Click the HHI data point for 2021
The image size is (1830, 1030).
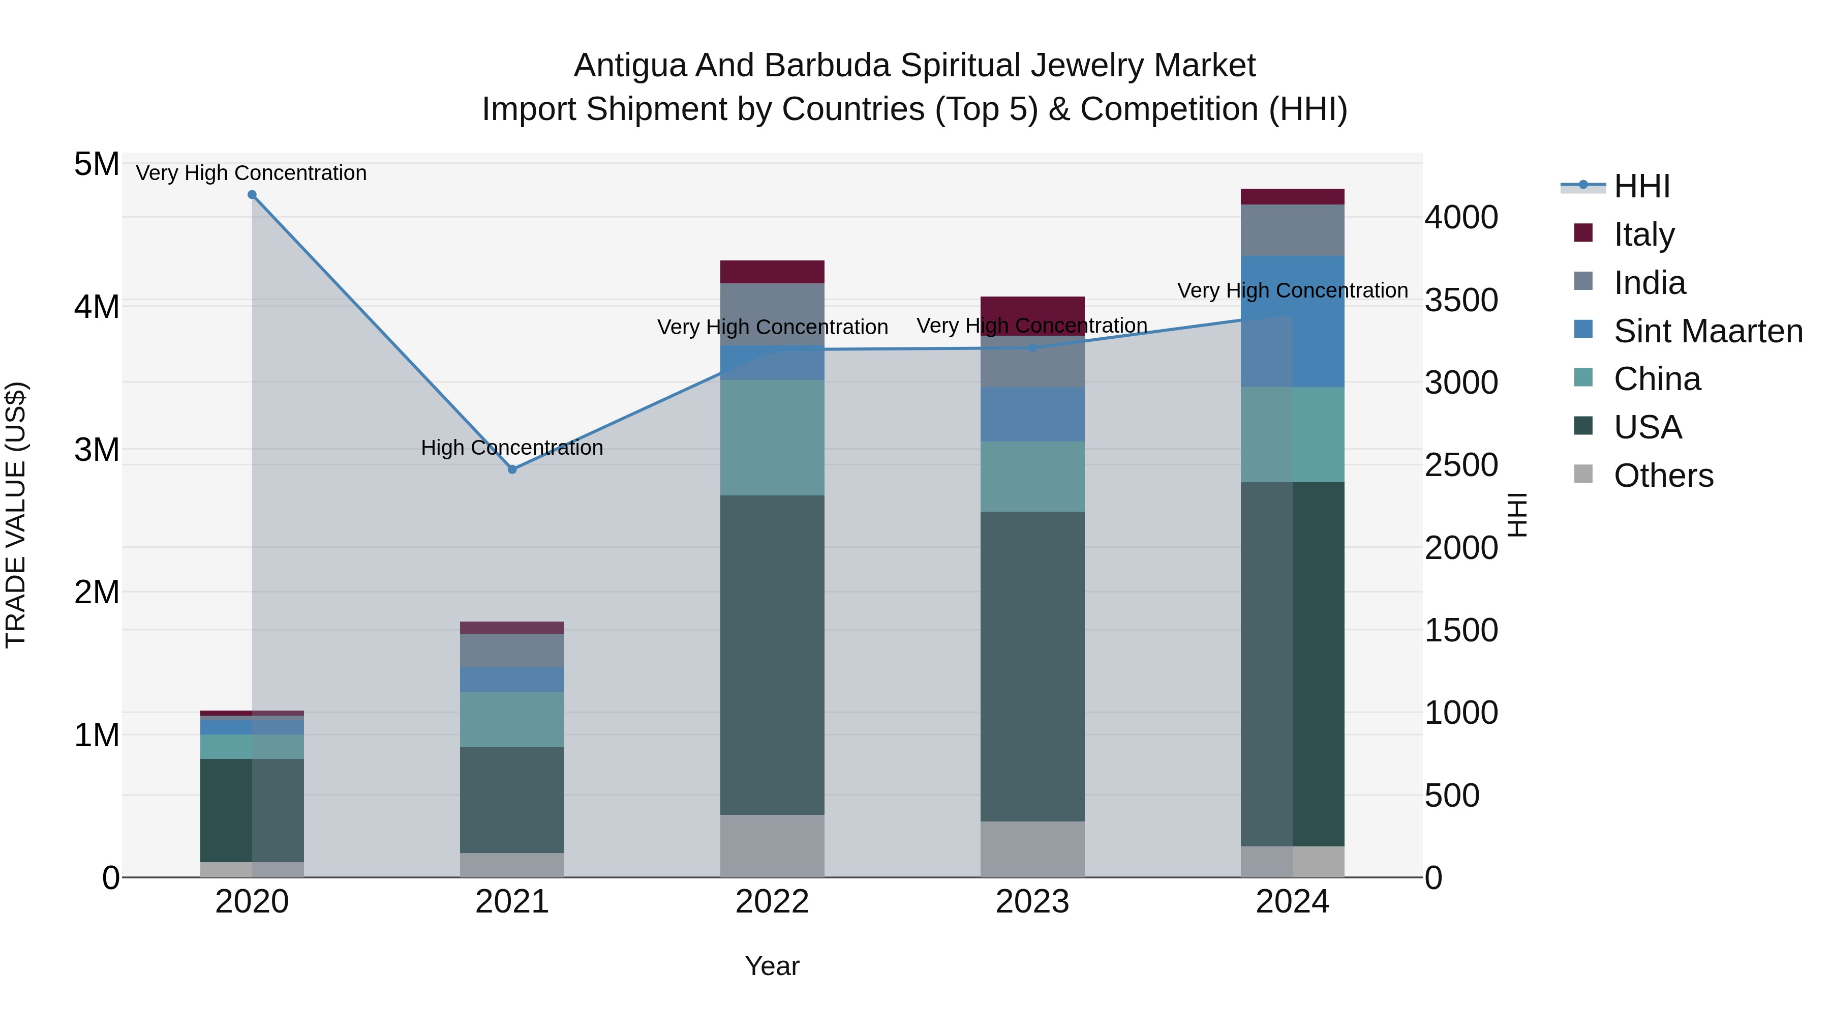click(x=512, y=469)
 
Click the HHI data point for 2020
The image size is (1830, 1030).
click(x=252, y=195)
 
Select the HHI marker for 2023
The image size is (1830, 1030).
click(x=1033, y=347)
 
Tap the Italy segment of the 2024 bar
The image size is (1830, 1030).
click(x=1292, y=197)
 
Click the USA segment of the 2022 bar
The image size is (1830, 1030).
click(x=772, y=654)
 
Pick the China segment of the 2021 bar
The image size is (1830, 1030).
click(x=512, y=719)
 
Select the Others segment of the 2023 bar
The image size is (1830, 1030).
click(x=1032, y=849)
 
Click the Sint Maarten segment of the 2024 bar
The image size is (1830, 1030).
click(x=1292, y=321)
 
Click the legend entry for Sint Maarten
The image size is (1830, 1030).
click(x=1707, y=331)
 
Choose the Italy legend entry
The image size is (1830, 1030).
click(x=1643, y=234)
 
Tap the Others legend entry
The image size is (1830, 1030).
click(x=1662, y=476)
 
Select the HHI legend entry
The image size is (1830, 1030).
click(x=1641, y=186)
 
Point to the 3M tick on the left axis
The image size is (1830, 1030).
click(x=97, y=449)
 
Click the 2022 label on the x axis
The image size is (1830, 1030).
click(x=772, y=902)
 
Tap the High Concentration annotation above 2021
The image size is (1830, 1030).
click(x=512, y=448)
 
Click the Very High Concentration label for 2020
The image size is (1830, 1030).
click(x=252, y=173)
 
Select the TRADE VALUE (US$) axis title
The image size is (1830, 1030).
click(x=16, y=515)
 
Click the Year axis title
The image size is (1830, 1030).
click(x=772, y=966)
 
